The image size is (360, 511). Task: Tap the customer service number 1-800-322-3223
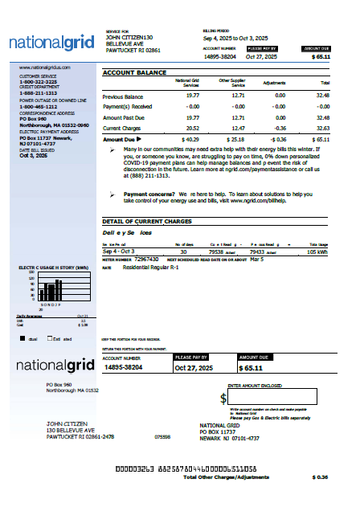[38, 82]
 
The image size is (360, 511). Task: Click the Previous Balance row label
[122, 96]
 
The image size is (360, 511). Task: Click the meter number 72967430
[145, 260]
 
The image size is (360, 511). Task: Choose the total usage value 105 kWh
[317, 251]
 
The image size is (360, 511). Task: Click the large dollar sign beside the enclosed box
[223, 399]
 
